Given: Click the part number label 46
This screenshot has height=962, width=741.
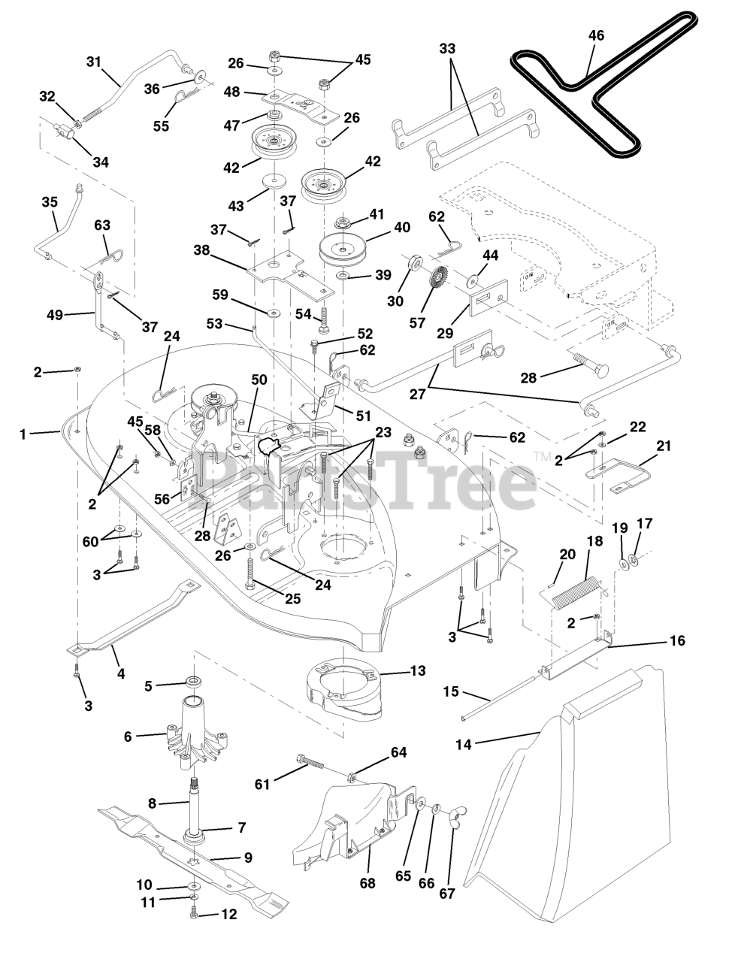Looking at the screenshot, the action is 596,35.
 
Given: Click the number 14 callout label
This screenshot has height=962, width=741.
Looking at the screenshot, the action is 464,745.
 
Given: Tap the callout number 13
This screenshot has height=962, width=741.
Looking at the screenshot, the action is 418,670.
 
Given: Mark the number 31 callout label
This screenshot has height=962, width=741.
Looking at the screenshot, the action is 94,62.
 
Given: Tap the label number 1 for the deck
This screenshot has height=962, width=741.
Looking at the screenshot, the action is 23,434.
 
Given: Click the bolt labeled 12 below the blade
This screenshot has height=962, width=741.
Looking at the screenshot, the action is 193,914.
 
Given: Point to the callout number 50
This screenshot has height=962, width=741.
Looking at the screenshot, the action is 259,380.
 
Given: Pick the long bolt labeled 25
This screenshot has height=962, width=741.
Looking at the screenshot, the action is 250,572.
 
